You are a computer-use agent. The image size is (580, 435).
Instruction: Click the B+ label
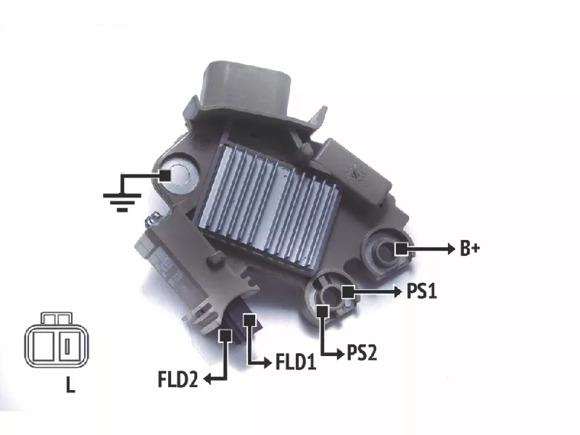(470, 248)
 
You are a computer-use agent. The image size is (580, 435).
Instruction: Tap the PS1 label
(422, 291)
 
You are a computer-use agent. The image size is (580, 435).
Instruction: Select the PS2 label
(362, 352)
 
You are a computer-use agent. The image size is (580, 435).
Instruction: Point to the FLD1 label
(296, 361)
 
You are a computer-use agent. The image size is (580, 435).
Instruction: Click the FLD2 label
(178, 378)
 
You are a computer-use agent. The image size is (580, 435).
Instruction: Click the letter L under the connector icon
(70, 385)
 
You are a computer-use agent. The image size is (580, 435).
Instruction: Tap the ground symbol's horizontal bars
(122, 202)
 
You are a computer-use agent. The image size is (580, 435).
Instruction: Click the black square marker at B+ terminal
(401, 249)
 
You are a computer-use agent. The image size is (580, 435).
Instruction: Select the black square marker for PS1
(348, 292)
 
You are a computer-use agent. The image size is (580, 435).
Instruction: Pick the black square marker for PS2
(323, 312)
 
